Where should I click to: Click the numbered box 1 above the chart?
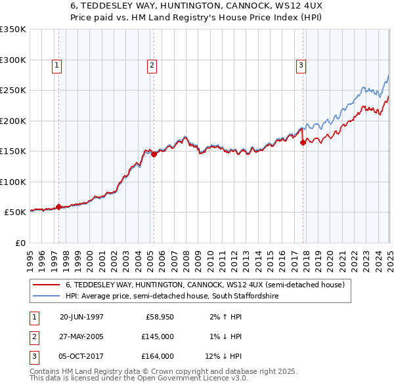[x=58, y=65]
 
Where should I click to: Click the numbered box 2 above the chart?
[x=152, y=65]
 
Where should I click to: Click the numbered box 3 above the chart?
[x=300, y=65]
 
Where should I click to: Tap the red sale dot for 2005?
[x=154, y=155]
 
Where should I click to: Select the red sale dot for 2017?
[x=303, y=142]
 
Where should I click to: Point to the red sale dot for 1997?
[x=58, y=207]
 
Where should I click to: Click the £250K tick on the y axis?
[x=12, y=91]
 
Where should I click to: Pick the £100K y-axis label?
[x=12, y=182]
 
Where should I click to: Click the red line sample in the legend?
[x=46, y=285]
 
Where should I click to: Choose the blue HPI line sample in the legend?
[x=46, y=296]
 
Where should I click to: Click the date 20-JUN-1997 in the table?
[x=81, y=317]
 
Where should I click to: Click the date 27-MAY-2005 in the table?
[x=81, y=336]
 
